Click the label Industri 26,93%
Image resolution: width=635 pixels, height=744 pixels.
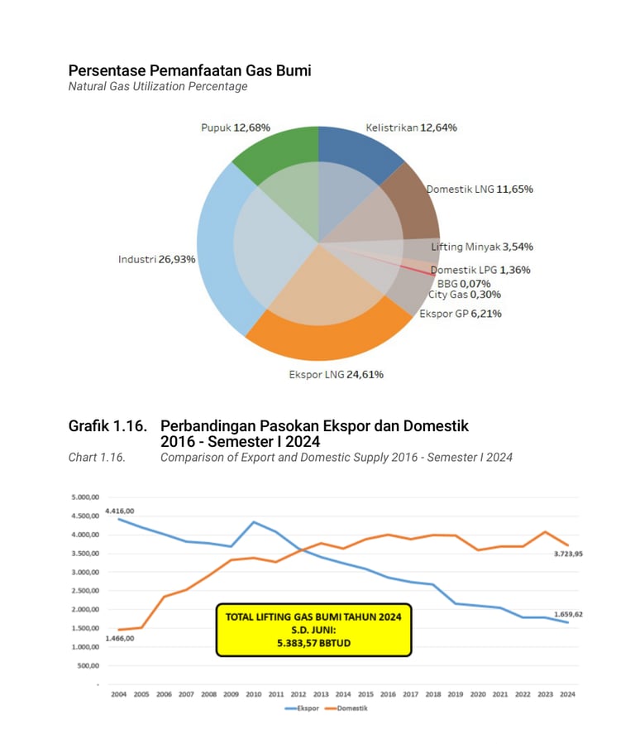[157, 259]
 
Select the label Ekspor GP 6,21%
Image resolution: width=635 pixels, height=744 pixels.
[461, 314]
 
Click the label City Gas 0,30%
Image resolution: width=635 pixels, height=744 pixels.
[465, 294]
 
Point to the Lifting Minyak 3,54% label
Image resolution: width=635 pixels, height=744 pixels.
[482, 247]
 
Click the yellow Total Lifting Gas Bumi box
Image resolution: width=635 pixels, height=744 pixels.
[313, 630]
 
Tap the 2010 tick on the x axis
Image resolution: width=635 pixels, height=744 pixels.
[253, 694]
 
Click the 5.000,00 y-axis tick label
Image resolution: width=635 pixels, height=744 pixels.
[84, 497]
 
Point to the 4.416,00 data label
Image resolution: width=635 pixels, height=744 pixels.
[120, 511]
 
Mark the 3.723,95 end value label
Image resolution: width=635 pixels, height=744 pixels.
[567, 554]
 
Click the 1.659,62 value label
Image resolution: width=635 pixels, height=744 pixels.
[567, 614]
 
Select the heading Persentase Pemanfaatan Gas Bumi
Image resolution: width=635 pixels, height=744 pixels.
[189, 70]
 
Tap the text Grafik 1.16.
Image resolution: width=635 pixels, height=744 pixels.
[107, 426]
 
